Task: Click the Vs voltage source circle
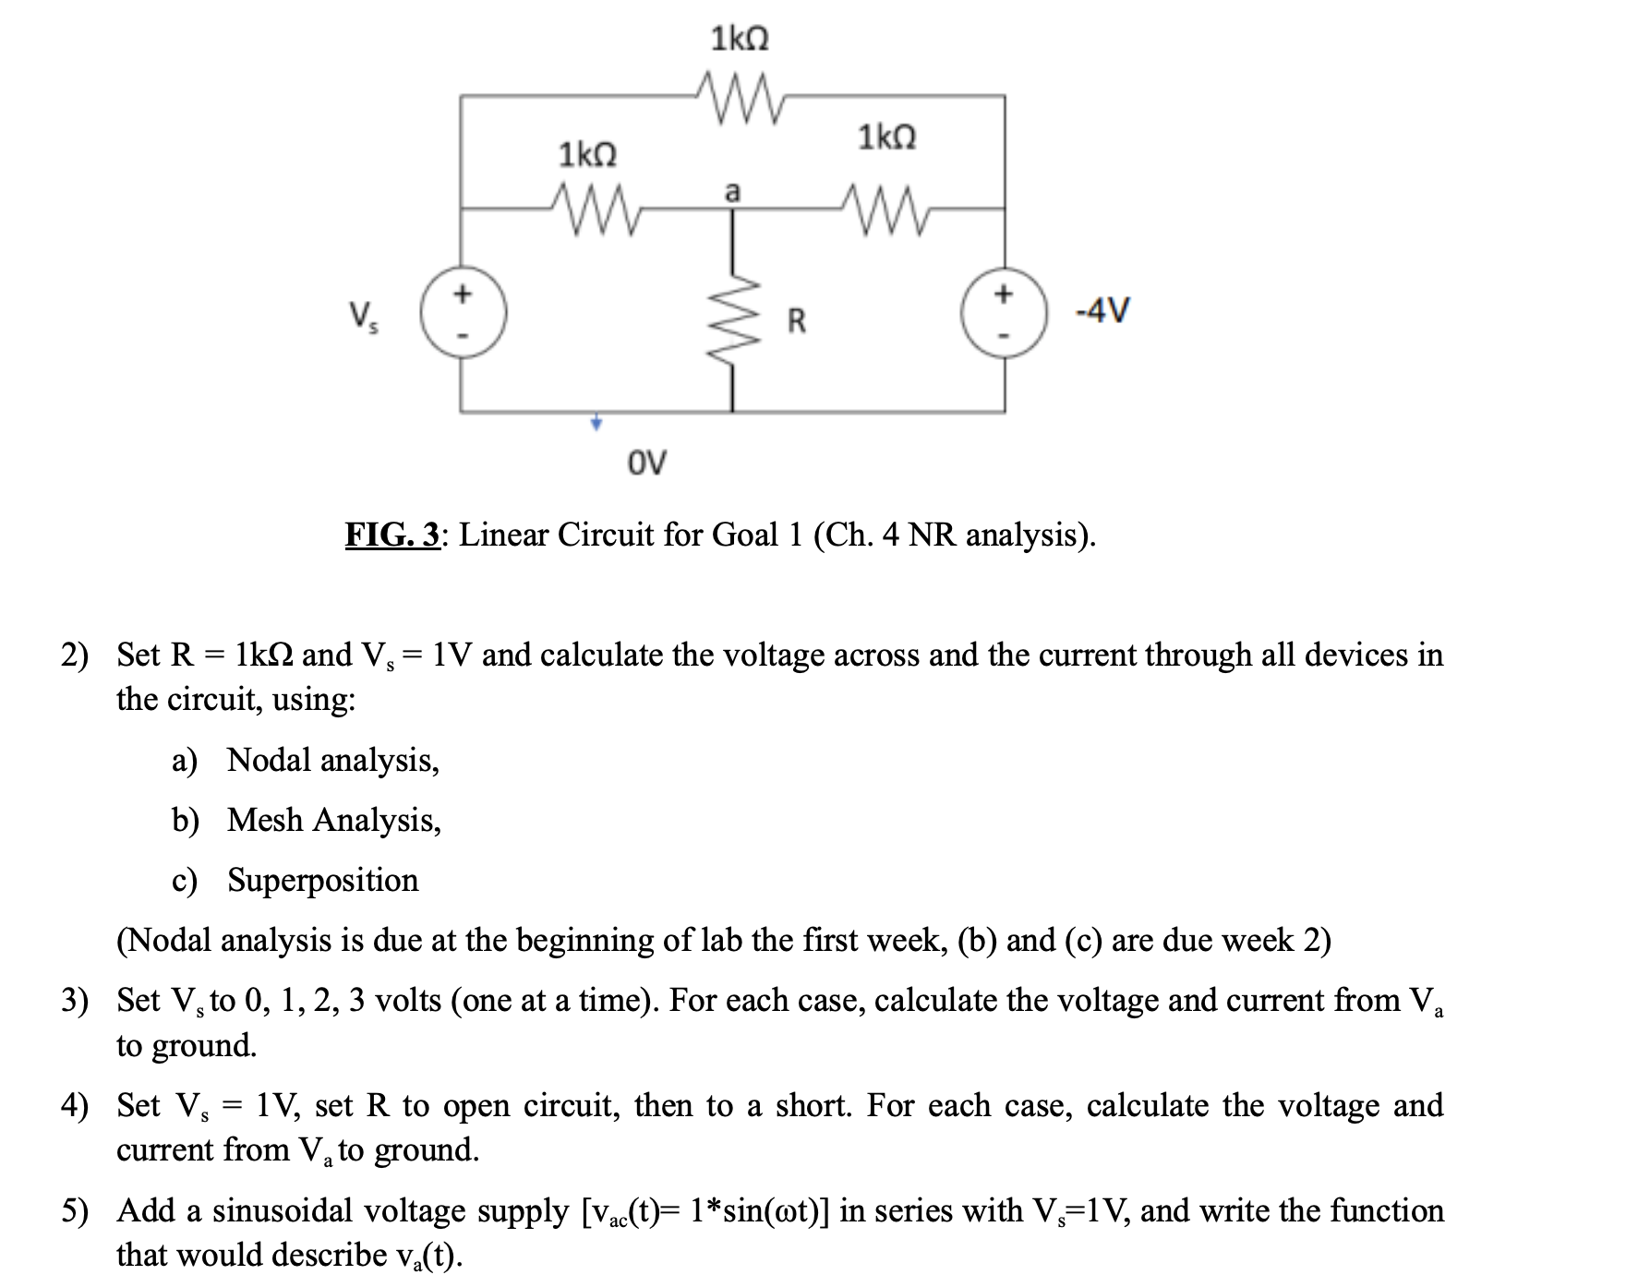coord(464,315)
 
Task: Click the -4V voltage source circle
coord(1004,315)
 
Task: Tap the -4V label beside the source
coord(1102,310)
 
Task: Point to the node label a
coord(732,192)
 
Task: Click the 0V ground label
coord(646,462)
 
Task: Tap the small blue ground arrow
coord(596,423)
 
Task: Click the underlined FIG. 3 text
coord(393,535)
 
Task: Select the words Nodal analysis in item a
coord(332,760)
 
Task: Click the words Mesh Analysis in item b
coord(333,820)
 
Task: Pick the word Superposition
coord(323,880)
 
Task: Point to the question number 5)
coord(75,1210)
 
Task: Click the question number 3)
coord(75,1000)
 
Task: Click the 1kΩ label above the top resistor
coord(740,39)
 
